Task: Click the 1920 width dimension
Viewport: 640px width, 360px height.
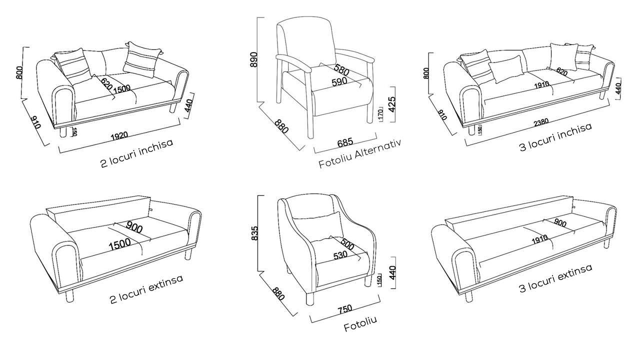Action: point(119,136)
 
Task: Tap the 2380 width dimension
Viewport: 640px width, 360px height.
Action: point(541,122)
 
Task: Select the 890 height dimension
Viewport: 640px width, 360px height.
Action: point(253,59)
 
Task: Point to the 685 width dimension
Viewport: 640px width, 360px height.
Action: point(345,142)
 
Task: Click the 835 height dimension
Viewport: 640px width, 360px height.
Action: point(254,233)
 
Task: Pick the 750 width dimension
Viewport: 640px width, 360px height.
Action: point(345,309)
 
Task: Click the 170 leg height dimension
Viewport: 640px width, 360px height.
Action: point(380,114)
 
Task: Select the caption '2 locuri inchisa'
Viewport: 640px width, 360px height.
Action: point(137,153)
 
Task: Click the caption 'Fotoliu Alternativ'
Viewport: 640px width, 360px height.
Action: point(360,153)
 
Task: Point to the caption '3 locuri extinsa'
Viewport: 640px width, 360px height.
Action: point(556,278)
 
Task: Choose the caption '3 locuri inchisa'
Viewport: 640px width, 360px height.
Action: point(555,137)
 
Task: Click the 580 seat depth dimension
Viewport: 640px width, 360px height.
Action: point(341,70)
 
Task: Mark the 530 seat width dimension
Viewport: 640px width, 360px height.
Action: point(340,255)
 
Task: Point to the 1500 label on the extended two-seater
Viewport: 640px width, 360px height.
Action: point(119,244)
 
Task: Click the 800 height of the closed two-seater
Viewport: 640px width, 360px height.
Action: point(18,73)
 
